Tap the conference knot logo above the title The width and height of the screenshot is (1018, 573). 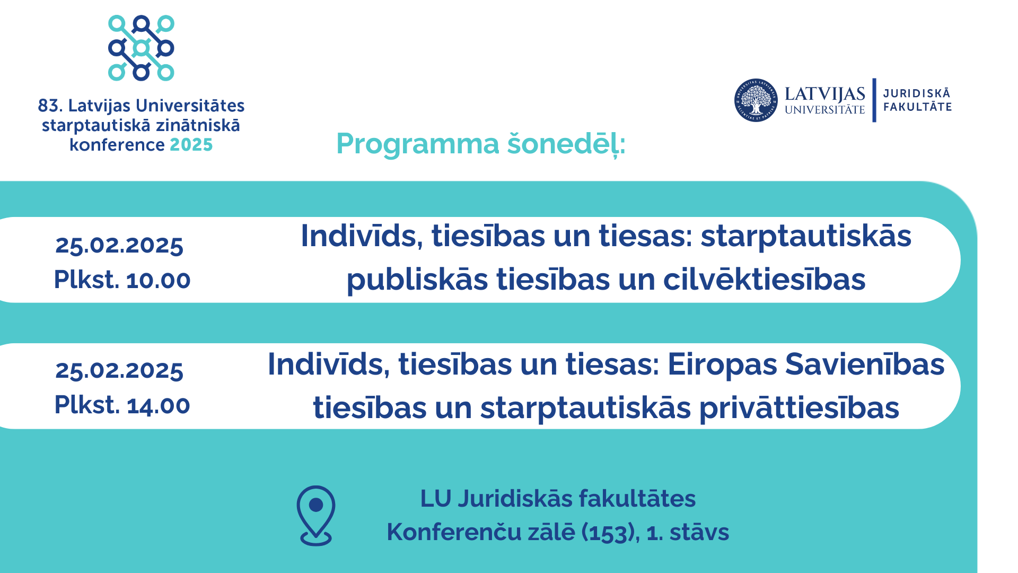(x=141, y=48)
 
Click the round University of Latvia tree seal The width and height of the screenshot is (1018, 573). (x=756, y=100)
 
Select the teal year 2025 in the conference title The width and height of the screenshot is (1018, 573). (x=191, y=145)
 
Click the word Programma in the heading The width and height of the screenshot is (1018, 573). (x=418, y=144)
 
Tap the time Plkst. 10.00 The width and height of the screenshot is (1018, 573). (x=122, y=280)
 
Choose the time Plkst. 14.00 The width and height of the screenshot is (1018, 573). (x=122, y=405)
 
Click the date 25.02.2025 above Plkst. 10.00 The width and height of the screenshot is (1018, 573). (x=119, y=245)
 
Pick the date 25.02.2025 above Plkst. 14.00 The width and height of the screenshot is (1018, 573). (x=119, y=370)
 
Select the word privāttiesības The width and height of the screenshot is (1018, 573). (x=799, y=408)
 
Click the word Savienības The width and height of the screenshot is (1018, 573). (x=865, y=364)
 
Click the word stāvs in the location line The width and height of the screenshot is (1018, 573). (x=699, y=532)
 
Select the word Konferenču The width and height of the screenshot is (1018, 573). (x=454, y=532)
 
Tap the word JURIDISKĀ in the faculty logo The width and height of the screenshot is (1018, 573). (x=917, y=93)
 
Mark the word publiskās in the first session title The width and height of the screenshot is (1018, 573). (x=417, y=280)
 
